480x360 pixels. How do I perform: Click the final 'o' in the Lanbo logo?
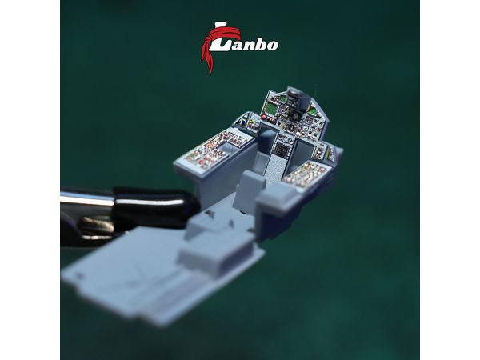pyautogui.click(x=272, y=46)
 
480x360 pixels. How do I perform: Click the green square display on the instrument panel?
pyautogui.click(x=270, y=109)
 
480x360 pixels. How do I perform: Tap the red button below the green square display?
pyautogui.click(x=264, y=118)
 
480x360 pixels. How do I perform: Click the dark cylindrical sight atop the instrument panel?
pyautogui.click(x=296, y=98)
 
